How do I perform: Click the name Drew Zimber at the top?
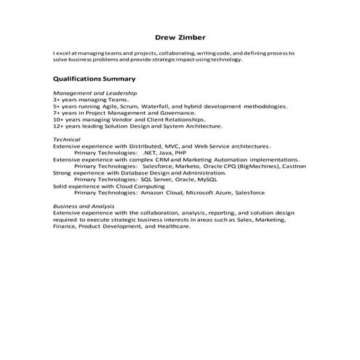pyautogui.click(x=180, y=38)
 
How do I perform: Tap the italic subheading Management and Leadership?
pyautogui.click(x=95, y=94)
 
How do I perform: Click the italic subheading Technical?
pyautogui.click(x=67, y=140)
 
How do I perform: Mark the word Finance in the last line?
pyautogui.click(x=65, y=226)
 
